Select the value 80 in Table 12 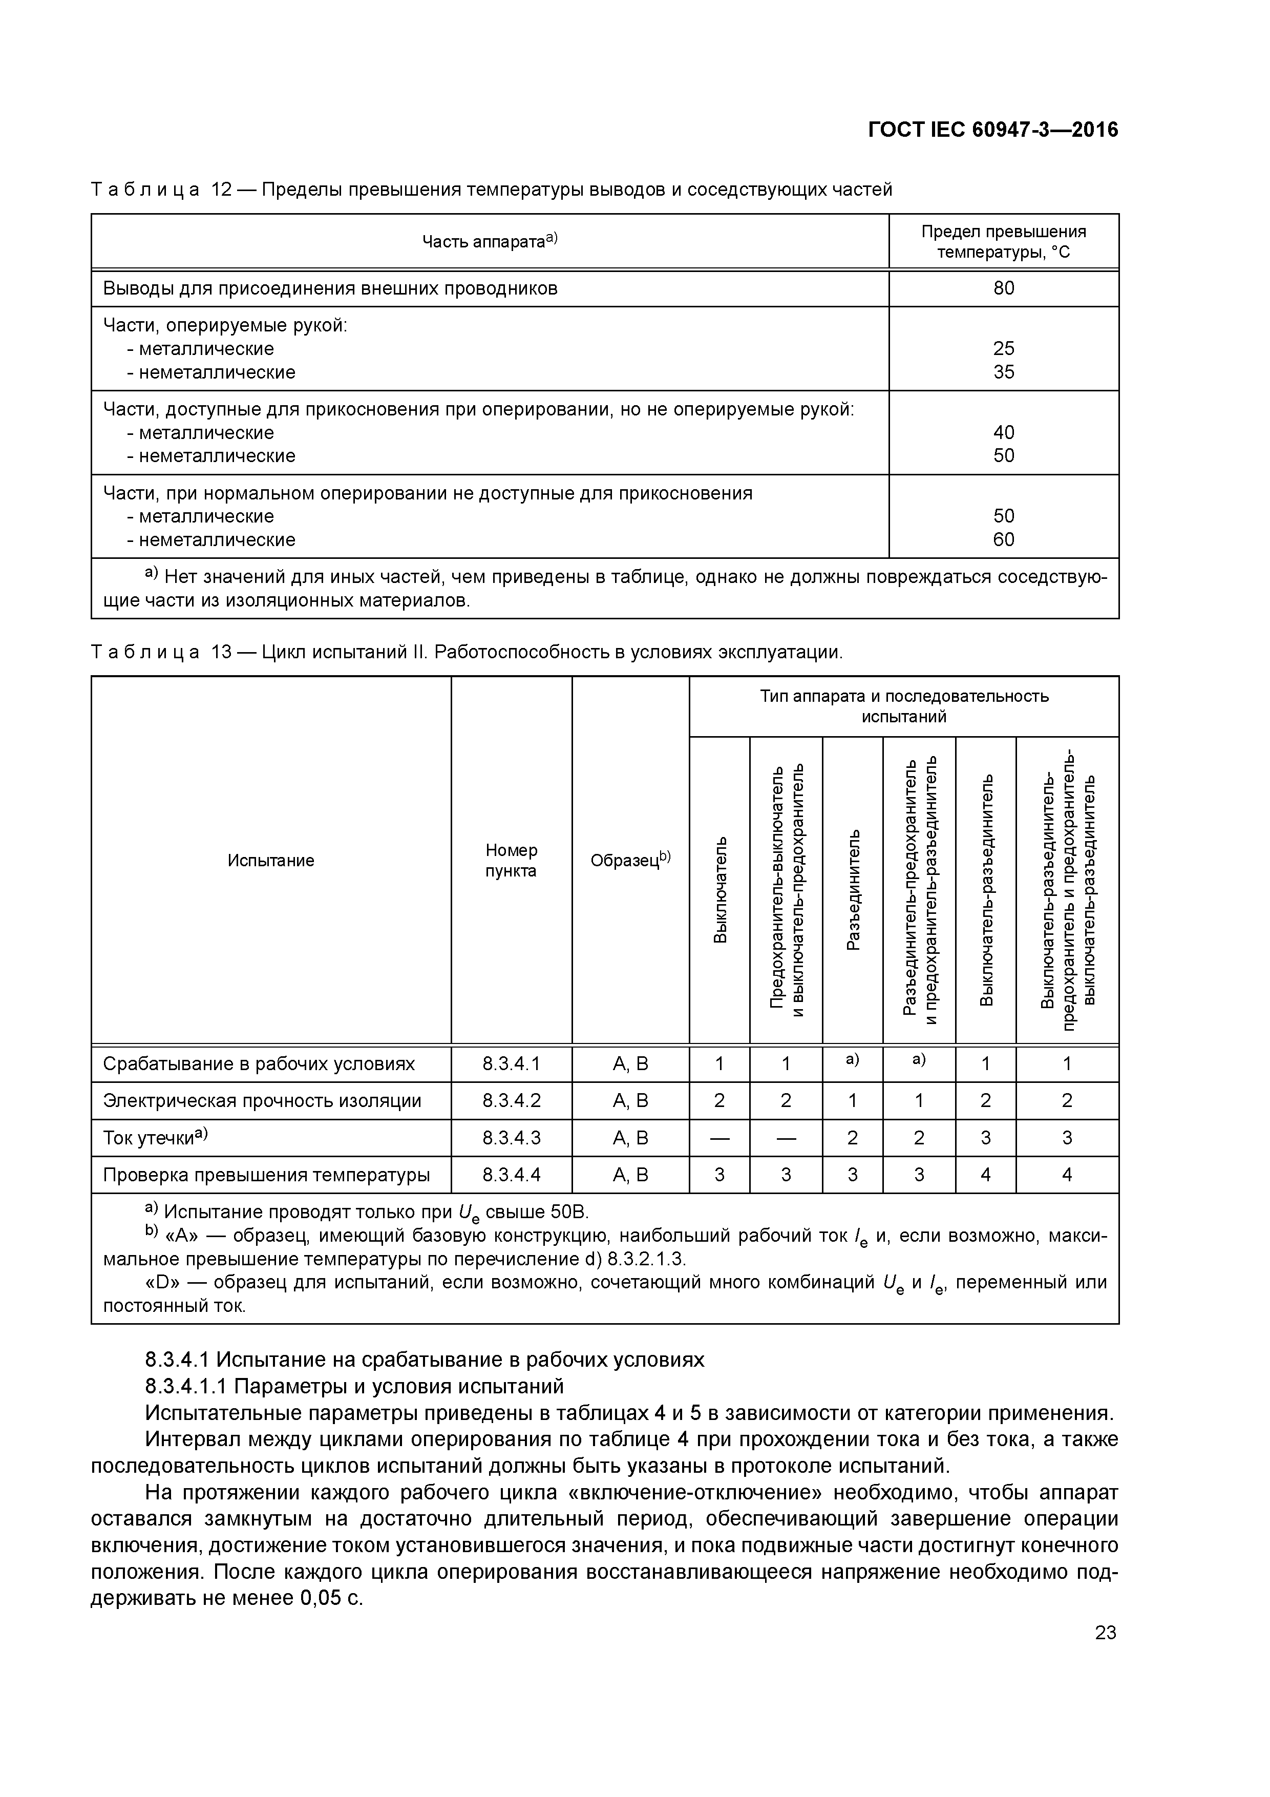pyautogui.click(x=1003, y=288)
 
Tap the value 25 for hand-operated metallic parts pyautogui.click(x=1003, y=348)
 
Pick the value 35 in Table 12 pyautogui.click(x=1003, y=372)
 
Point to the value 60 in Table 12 pyautogui.click(x=1003, y=539)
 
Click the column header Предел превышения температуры pyautogui.click(x=1003, y=241)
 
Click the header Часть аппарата pyautogui.click(x=489, y=241)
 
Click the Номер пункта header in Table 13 pyautogui.click(x=511, y=860)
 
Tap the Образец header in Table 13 pyautogui.click(x=630, y=860)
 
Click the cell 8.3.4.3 pyautogui.click(x=511, y=1137)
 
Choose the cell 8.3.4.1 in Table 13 pyautogui.click(x=511, y=1063)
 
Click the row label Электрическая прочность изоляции pyautogui.click(x=262, y=1100)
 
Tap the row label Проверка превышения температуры pyautogui.click(x=266, y=1175)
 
